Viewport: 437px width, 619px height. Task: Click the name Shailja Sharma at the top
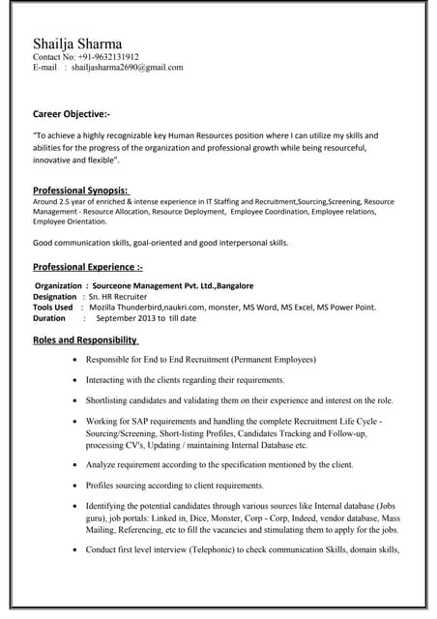pyautogui.click(x=77, y=44)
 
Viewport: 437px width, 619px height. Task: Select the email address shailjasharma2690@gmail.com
pyautogui.click(x=127, y=68)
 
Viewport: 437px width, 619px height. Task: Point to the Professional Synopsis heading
pyautogui.click(x=81, y=190)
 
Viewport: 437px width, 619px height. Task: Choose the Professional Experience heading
pyautogui.click(x=87, y=266)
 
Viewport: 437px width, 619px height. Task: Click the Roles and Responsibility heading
pyautogui.click(x=86, y=339)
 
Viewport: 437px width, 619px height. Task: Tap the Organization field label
pyautogui.click(x=59, y=286)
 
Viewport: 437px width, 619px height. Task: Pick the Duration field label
pyautogui.click(x=49, y=317)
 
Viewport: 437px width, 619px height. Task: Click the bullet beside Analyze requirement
pyautogui.click(x=76, y=465)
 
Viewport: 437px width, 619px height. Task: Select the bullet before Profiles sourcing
pyautogui.click(x=76, y=486)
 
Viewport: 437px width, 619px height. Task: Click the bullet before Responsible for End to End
pyautogui.click(x=76, y=359)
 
